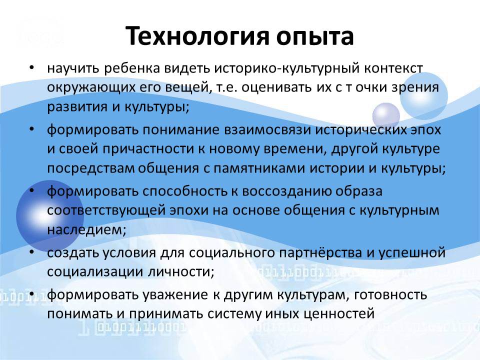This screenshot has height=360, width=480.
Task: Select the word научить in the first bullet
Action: click(73, 69)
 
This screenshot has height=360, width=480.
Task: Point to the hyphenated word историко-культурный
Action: click(286, 69)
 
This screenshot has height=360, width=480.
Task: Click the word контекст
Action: click(393, 68)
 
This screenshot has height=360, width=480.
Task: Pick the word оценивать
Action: click(277, 88)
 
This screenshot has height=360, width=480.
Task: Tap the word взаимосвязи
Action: click(267, 130)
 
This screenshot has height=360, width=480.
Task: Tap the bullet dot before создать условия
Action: click(31, 251)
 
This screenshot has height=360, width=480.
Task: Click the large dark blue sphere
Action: click(49, 214)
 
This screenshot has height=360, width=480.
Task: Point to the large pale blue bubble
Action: click(423, 96)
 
